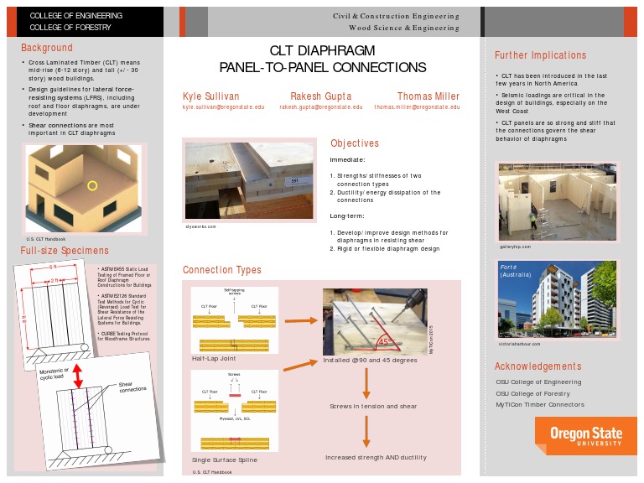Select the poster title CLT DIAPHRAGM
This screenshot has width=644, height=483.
coord(322,50)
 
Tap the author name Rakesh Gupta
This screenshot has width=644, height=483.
coord(321,96)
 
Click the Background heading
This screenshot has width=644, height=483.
coord(47,48)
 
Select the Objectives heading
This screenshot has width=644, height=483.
coord(354,143)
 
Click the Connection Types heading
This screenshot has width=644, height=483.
coord(222,270)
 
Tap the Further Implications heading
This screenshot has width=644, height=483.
coord(540,55)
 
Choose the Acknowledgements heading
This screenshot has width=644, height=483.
coord(538,366)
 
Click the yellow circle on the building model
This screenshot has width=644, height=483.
coord(93,185)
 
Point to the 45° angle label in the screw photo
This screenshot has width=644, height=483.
coord(385,341)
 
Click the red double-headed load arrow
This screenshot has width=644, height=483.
coord(77,375)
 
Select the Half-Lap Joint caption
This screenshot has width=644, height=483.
coord(214,358)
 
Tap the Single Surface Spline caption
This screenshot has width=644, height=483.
coord(225,460)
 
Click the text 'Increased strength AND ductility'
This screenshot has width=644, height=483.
coord(376,457)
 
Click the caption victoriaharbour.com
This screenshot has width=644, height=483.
coord(520,343)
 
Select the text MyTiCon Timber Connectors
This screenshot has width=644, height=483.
coord(539,404)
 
